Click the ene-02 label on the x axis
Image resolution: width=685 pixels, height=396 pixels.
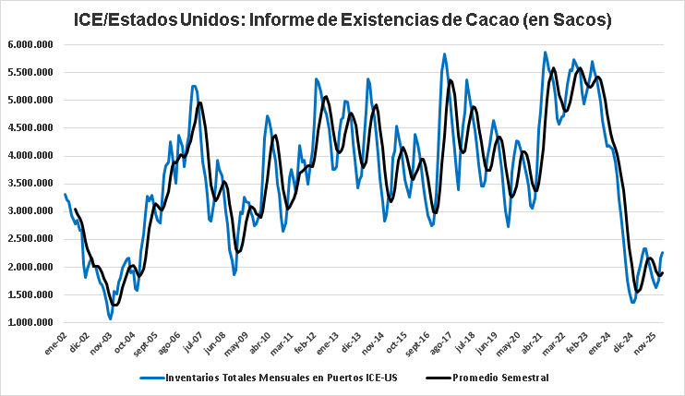point(55,343)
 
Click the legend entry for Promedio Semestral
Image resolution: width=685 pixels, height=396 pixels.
point(499,378)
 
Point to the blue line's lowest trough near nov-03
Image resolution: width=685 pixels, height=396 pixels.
point(110,318)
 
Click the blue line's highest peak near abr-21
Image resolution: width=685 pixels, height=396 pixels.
point(545,53)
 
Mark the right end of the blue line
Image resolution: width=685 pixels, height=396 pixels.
point(663,253)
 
